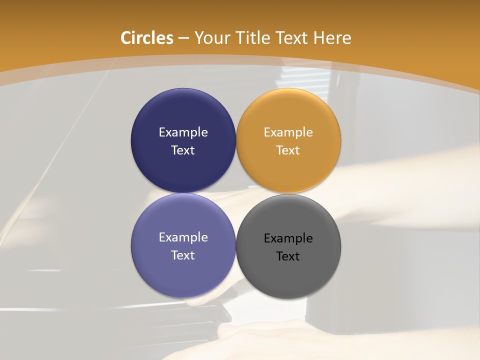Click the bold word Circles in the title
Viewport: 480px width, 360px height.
147,38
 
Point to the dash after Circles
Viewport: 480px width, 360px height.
183,38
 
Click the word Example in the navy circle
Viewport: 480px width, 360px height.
183,132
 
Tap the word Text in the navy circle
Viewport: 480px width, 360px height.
183,150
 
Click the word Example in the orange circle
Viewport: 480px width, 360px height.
288,132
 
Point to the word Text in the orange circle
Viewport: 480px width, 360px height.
288,150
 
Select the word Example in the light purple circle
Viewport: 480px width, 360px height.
183,237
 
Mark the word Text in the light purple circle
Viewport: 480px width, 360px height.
183,255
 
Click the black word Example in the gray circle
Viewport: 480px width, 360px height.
288,238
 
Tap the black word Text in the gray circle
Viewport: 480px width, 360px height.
288,256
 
